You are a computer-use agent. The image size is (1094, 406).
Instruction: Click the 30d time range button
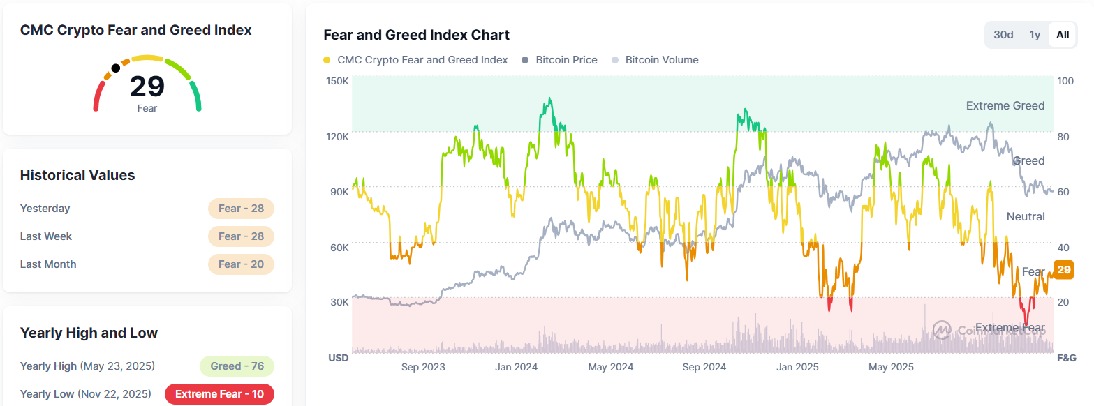point(1003,35)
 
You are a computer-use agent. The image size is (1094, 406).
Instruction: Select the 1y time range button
point(1035,35)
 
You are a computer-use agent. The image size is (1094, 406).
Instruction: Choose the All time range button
point(1062,35)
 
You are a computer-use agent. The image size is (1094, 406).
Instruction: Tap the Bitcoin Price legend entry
point(566,60)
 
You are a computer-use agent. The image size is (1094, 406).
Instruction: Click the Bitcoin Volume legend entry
point(661,60)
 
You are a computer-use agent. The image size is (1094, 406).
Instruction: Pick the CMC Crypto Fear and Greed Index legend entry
point(422,60)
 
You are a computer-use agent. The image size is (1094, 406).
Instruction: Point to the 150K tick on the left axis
point(338,81)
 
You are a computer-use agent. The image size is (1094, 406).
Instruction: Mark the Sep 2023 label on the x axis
point(423,367)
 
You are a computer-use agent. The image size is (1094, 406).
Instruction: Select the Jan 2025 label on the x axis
point(797,367)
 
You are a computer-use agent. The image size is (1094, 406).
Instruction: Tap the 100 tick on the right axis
point(1065,81)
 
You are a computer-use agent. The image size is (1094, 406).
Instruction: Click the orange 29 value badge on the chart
point(1064,270)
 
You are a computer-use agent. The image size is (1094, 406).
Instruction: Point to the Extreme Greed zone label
point(1005,106)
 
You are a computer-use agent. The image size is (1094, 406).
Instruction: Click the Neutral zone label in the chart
point(1025,217)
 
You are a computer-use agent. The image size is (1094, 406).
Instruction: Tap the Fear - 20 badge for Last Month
point(241,264)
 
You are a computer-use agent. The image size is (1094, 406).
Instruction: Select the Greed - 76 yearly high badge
point(237,366)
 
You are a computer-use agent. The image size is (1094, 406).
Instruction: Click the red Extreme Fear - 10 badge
point(219,394)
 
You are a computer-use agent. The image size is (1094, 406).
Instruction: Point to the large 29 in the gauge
point(147,87)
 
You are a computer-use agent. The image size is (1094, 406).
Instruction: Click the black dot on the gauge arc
point(115,68)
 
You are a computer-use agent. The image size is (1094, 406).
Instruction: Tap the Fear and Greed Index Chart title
point(416,35)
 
